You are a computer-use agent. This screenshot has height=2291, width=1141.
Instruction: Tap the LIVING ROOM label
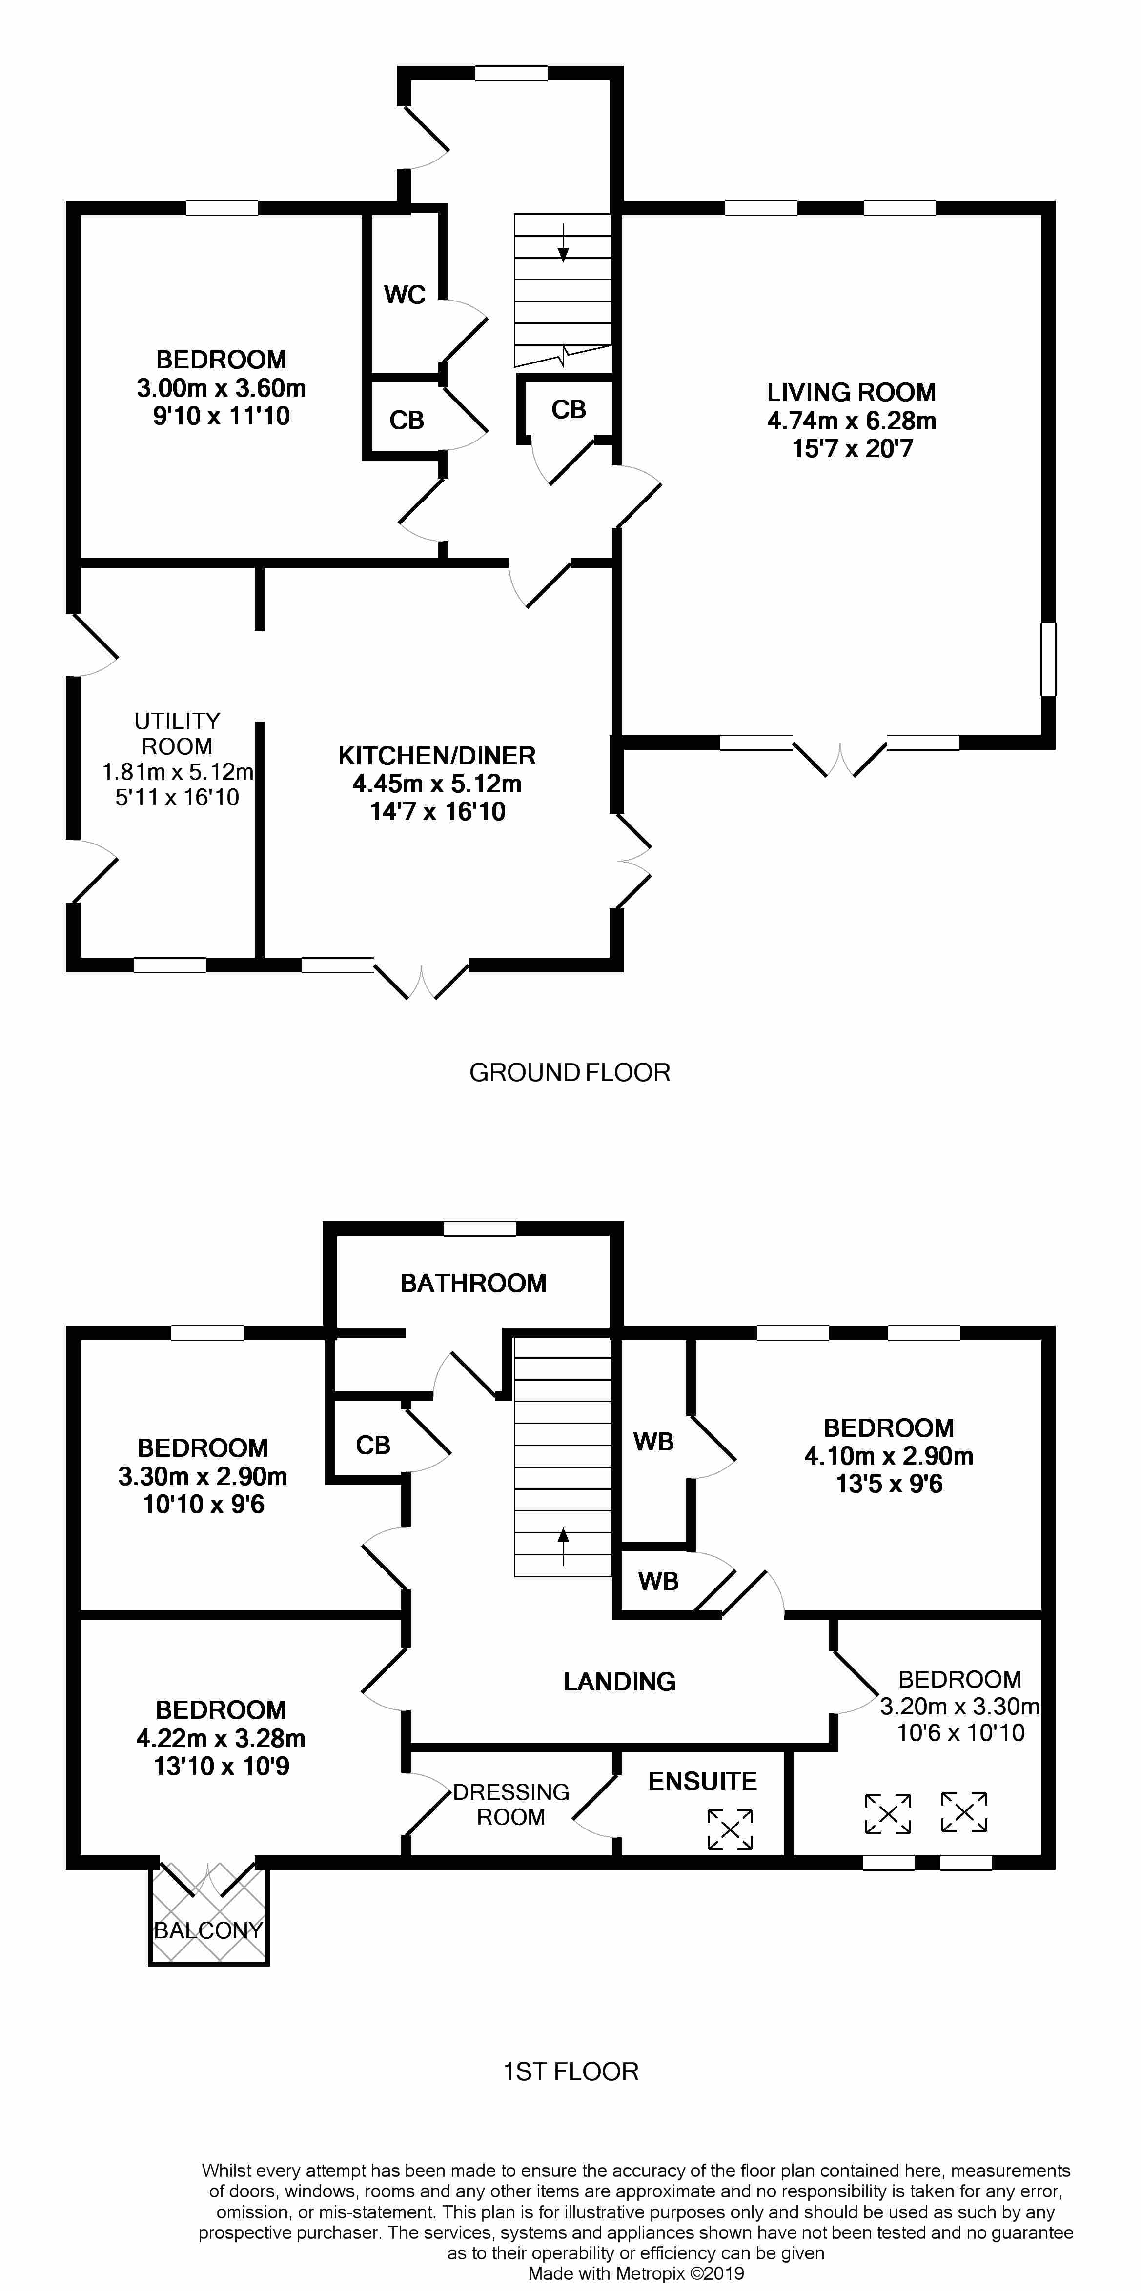(x=851, y=392)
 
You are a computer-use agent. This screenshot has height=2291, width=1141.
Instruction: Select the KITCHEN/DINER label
(x=437, y=756)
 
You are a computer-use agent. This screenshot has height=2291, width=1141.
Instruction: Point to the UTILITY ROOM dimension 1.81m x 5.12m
(x=178, y=771)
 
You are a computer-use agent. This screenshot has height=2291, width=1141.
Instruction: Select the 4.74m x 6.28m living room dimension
(x=851, y=421)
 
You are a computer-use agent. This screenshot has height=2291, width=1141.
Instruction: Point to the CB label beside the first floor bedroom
(x=373, y=1445)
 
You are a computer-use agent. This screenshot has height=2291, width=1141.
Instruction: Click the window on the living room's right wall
(x=1048, y=659)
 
